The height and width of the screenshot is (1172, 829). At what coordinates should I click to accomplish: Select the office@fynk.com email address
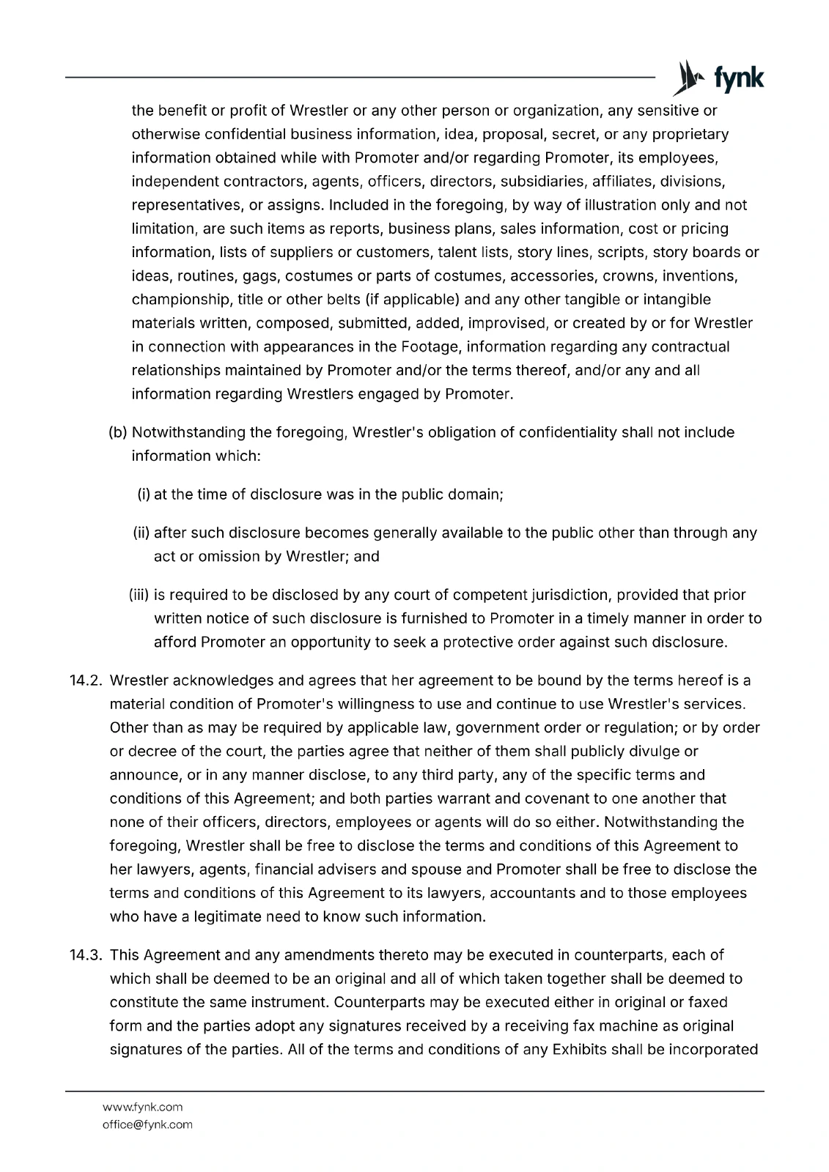pyautogui.click(x=147, y=1124)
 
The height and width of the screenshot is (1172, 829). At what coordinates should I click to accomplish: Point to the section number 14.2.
pyautogui.click(x=84, y=680)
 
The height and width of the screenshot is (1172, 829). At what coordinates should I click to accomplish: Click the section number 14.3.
pyautogui.click(x=84, y=955)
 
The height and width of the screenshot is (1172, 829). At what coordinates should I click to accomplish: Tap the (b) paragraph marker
pyautogui.click(x=117, y=432)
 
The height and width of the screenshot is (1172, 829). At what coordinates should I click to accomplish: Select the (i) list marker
pyautogui.click(x=144, y=494)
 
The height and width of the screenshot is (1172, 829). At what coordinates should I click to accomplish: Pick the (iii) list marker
pyautogui.click(x=139, y=595)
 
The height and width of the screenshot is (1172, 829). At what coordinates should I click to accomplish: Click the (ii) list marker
pyautogui.click(x=141, y=533)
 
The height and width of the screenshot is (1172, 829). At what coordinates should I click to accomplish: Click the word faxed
pyautogui.click(x=708, y=1002)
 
